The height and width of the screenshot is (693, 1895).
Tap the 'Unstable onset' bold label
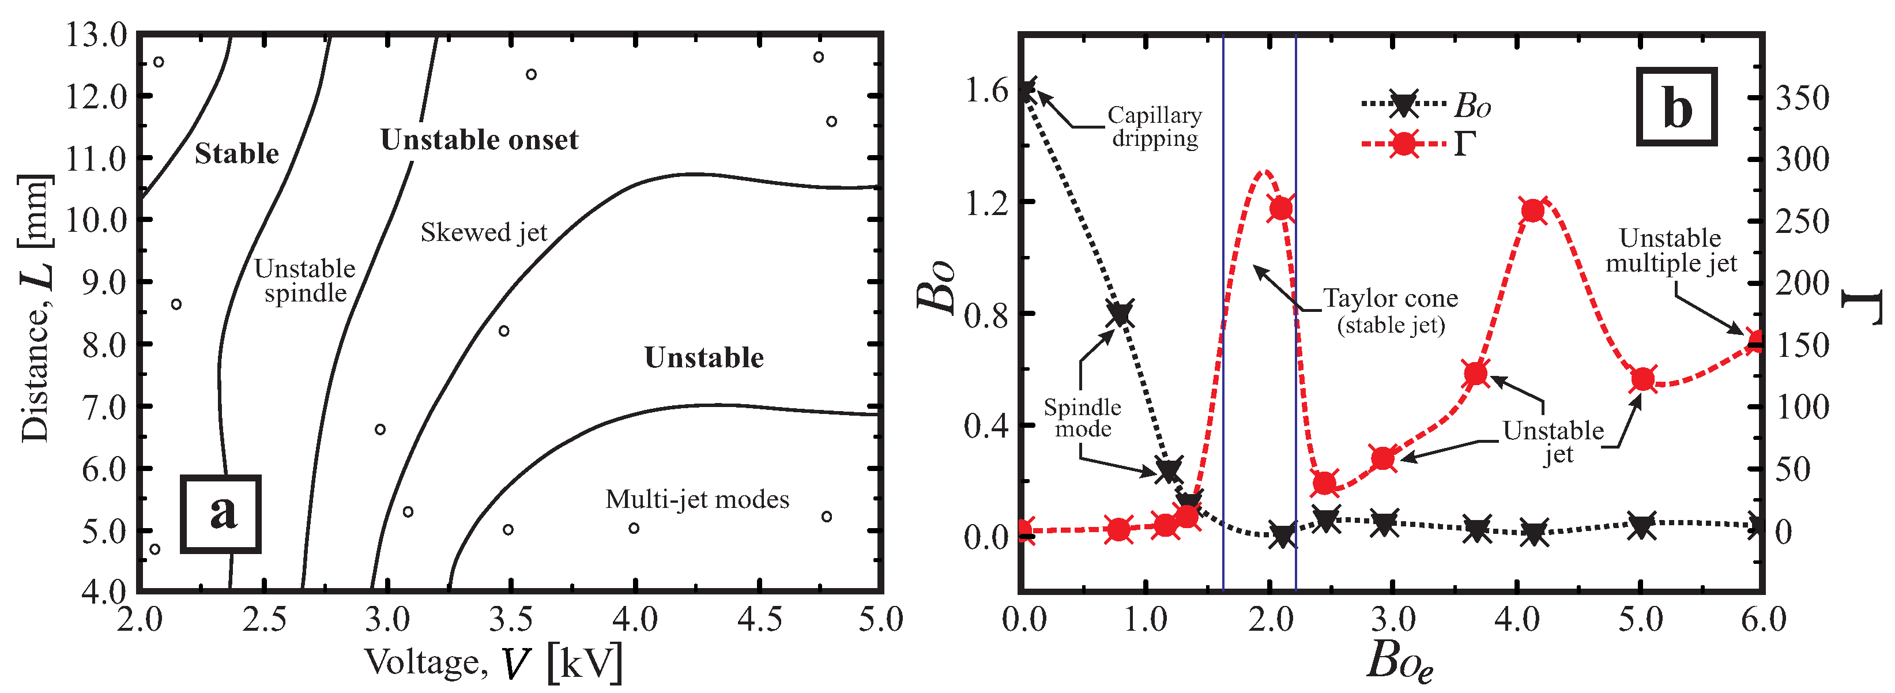tap(479, 140)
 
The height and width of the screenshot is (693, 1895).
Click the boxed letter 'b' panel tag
tap(1677, 107)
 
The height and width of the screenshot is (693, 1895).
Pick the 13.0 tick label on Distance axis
tap(96, 35)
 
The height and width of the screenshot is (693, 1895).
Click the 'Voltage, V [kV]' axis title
tap(493, 661)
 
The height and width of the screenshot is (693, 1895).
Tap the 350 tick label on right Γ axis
tap(1802, 98)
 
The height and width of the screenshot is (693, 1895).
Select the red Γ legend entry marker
tap(1404, 144)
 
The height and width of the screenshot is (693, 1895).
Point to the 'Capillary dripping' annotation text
tap(1154, 126)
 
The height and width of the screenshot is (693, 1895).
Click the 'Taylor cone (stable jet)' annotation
tap(1391, 310)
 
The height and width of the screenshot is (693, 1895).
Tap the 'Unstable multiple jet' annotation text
tap(1671, 250)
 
